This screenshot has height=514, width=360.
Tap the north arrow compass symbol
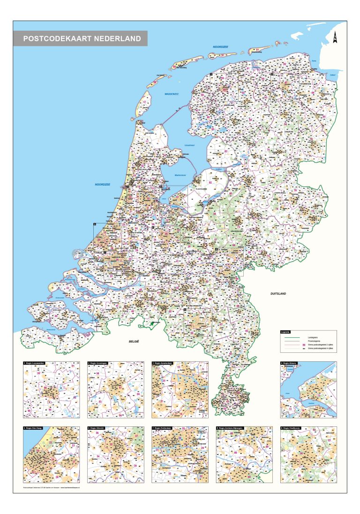click(335, 38)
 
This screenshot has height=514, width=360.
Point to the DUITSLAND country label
click(277, 294)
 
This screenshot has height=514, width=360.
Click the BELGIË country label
click(135, 343)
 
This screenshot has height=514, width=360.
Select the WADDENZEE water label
click(172, 94)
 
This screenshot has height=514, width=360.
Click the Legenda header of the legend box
click(285, 332)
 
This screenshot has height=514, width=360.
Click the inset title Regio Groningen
click(100, 363)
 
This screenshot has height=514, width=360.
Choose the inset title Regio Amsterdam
click(165, 363)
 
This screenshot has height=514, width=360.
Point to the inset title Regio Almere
click(292, 363)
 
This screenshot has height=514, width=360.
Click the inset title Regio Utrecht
click(98, 428)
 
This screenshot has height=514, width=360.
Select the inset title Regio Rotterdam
click(164, 428)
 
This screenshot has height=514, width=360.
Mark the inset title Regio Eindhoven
click(293, 428)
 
